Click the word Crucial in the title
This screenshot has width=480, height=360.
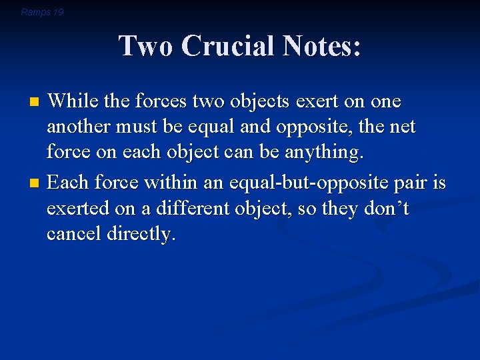point(227,47)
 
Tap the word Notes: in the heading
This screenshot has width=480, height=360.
point(321,47)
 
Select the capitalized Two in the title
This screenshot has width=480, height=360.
point(145,47)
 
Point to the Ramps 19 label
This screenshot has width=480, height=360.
point(42,12)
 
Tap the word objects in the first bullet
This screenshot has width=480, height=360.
point(249,102)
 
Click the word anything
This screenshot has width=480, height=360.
point(325,153)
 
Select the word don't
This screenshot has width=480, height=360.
point(386,209)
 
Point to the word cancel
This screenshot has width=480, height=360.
point(74,234)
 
